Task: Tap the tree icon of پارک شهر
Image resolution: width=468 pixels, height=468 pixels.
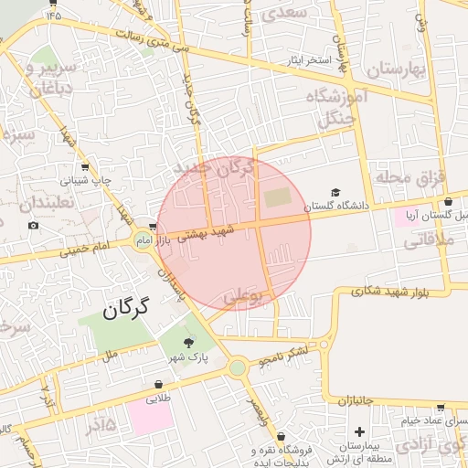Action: point(189,342)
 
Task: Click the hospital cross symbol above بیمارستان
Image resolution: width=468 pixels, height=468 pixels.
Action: point(359,431)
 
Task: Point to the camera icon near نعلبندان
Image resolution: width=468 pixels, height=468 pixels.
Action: point(34,226)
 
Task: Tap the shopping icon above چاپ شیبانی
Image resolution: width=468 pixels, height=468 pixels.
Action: point(85,167)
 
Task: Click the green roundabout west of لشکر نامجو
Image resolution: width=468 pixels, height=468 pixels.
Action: point(238,367)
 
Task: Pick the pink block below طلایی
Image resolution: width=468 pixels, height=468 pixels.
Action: point(150,417)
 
